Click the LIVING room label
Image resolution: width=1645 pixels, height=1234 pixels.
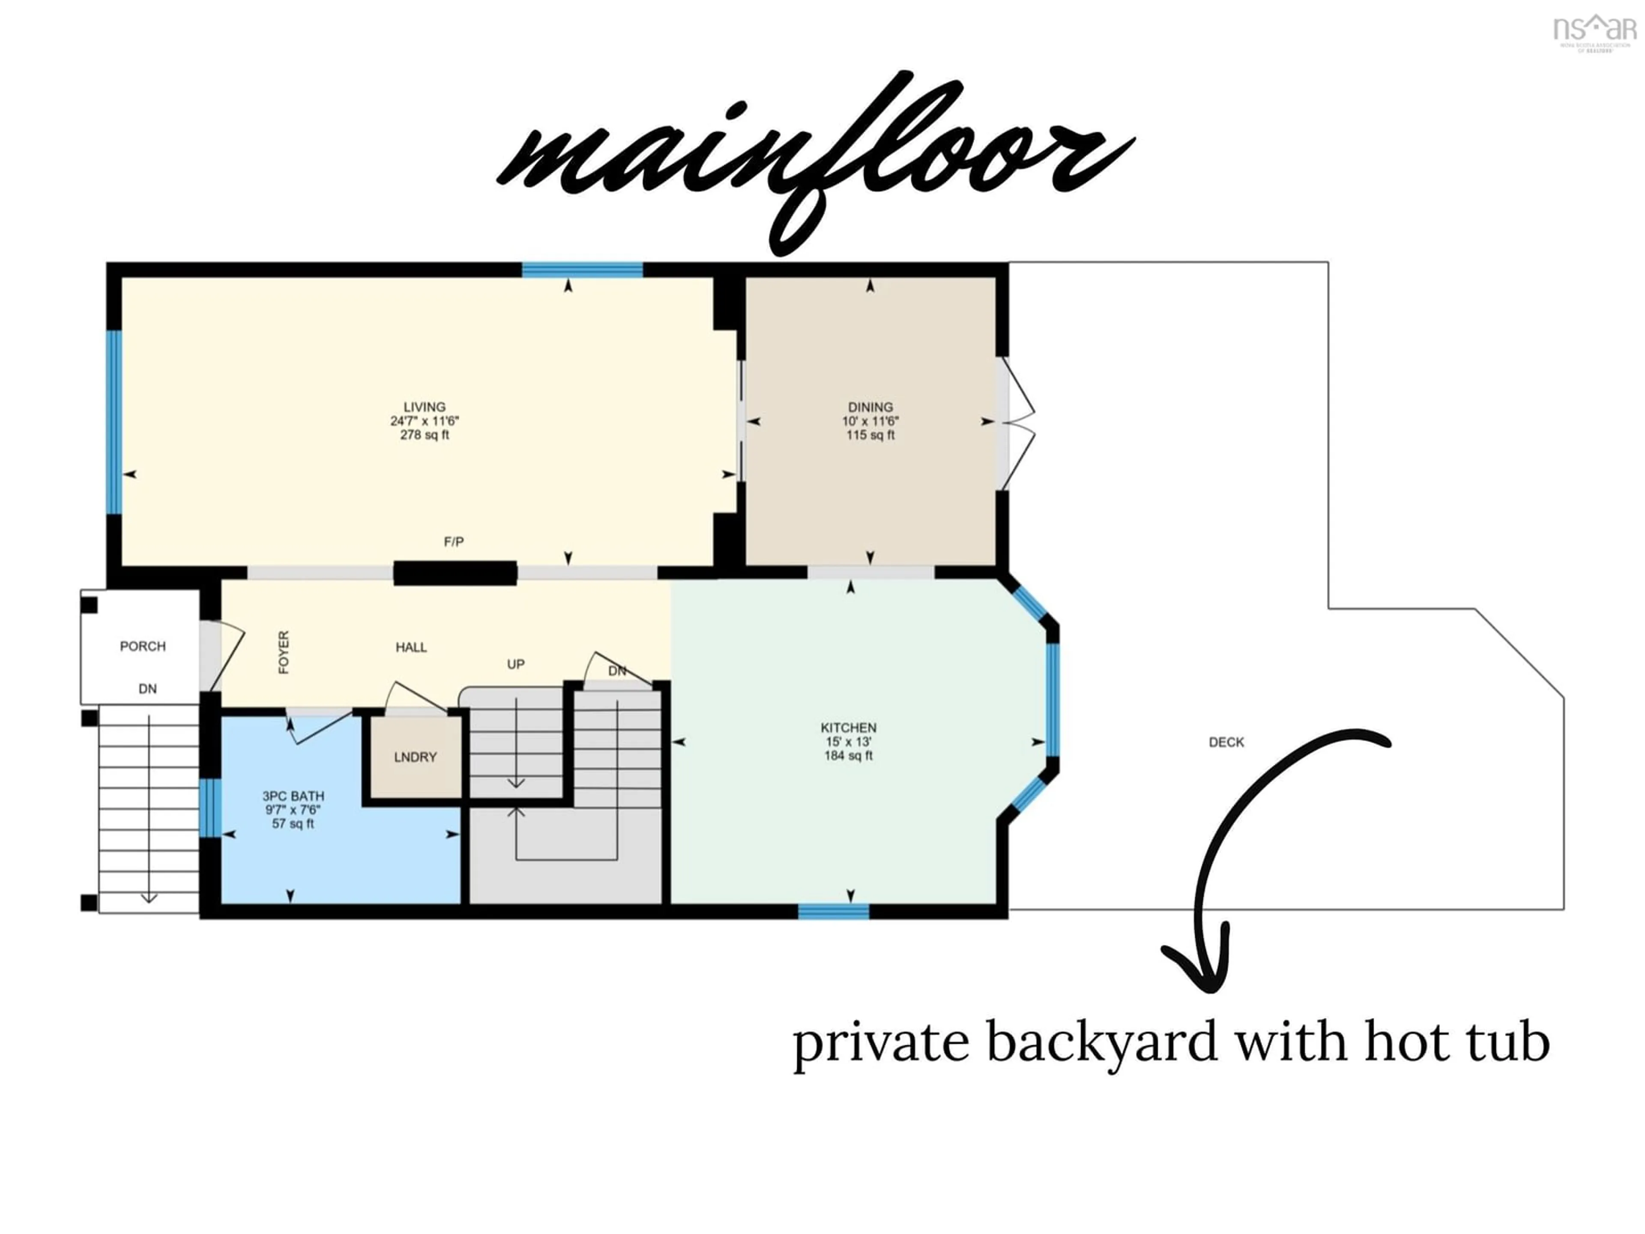coord(424,407)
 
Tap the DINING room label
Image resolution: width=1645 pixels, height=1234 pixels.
coord(870,407)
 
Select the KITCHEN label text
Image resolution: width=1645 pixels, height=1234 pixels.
coord(849,728)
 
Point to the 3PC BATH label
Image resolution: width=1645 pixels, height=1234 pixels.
coord(293,796)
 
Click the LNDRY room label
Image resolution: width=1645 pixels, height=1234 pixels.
coord(415,757)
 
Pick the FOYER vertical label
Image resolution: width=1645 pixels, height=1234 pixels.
coord(283,652)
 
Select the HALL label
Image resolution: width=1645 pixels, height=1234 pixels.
coord(411,647)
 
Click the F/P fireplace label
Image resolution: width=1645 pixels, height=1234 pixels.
coord(454,542)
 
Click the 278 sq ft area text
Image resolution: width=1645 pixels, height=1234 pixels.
coord(424,435)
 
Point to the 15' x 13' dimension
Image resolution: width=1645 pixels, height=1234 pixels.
coord(849,742)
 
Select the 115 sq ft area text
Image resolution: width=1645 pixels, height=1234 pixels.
coord(870,435)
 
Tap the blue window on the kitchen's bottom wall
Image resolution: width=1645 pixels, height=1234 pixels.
coord(834,911)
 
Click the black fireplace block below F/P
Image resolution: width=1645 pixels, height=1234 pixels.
coord(455,573)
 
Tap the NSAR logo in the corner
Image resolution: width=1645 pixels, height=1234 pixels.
coord(1596,31)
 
